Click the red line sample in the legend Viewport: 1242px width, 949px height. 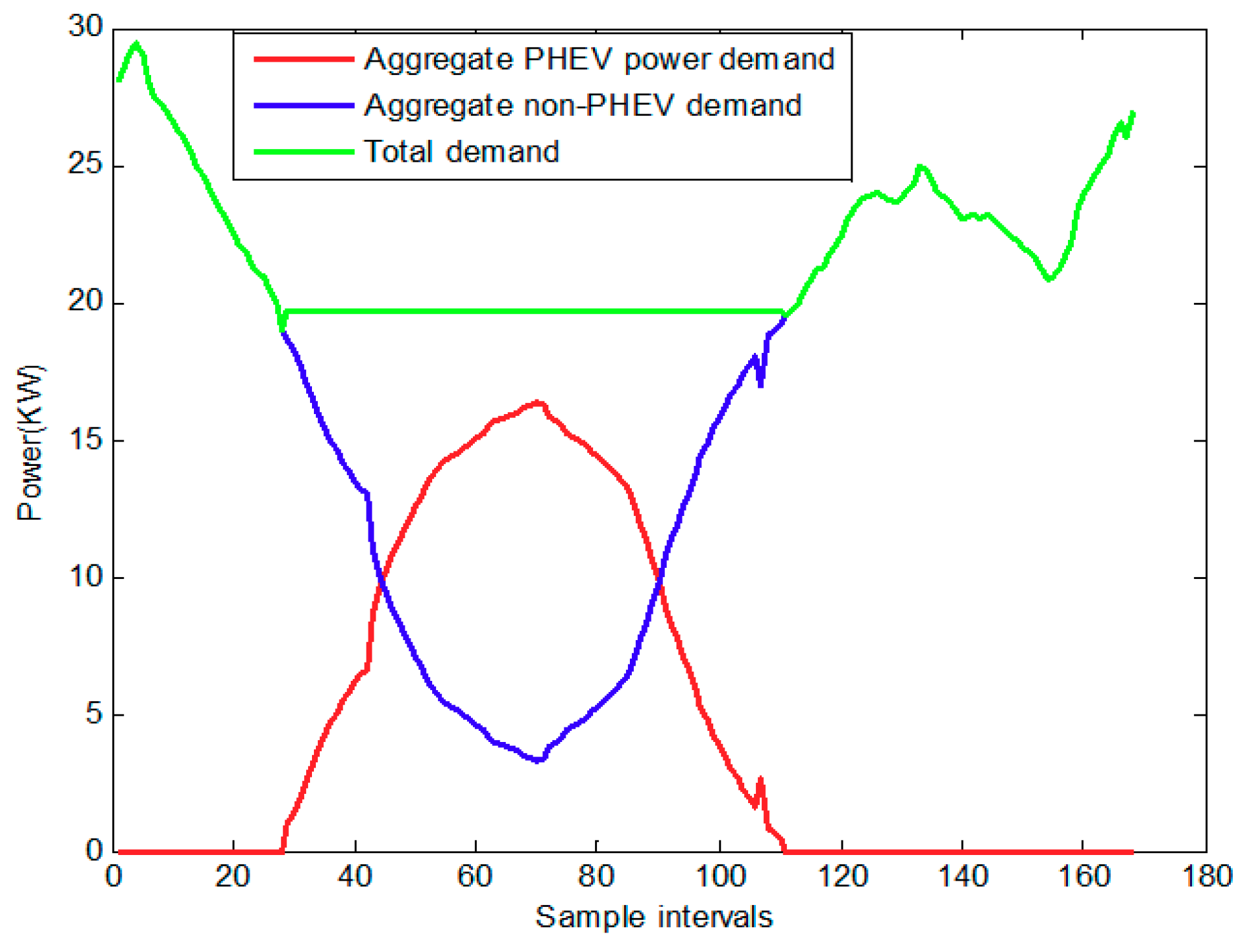[x=303, y=59]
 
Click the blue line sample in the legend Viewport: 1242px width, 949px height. [x=303, y=105]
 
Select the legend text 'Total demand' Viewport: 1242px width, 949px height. [x=461, y=152]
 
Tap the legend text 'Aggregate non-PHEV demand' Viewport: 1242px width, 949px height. [x=583, y=105]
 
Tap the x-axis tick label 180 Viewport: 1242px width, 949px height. [x=1206, y=877]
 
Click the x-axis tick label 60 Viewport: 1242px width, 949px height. [x=476, y=877]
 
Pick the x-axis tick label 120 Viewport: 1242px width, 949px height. [x=841, y=877]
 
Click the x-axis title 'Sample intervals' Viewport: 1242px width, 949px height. [x=654, y=917]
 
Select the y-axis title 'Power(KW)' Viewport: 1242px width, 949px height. [x=29, y=442]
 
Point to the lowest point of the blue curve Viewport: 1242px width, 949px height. [x=538, y=760]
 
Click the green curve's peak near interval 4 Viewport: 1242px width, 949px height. [x=137, y=45]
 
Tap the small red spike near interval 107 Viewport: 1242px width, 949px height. [x=761, y=779]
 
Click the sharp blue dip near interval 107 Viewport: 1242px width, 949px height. [x=761, y=384]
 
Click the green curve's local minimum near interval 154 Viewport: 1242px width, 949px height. [x=1050, y=279]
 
